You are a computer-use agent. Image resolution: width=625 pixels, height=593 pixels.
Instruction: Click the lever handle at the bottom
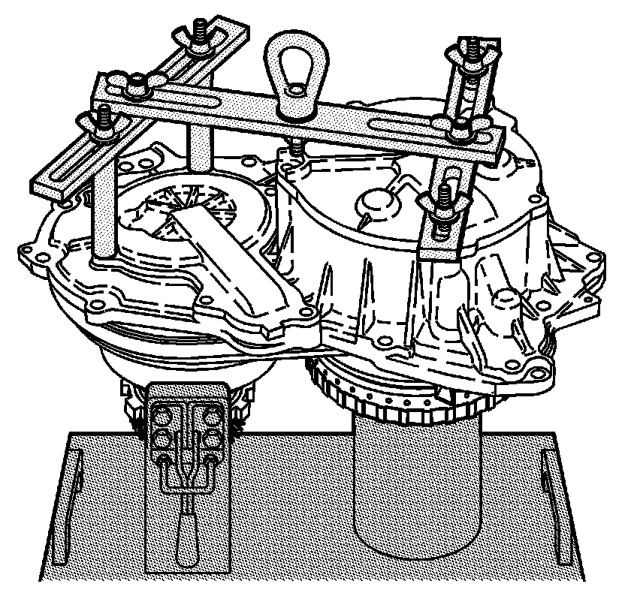pos(186,537)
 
